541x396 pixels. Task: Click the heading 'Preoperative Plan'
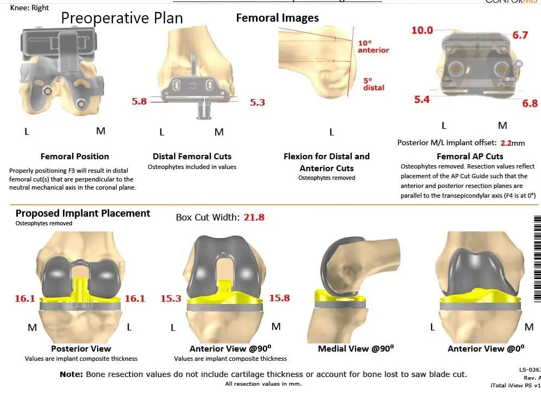point(121,18)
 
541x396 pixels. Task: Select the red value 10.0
point(422,30)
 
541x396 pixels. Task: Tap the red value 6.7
point(520,35)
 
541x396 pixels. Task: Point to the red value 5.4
point(422,100)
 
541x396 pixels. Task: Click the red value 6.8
point(530,103)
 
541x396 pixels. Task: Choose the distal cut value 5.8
point(139,101)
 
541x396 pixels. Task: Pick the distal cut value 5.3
point(257,102)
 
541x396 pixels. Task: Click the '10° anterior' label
point(373,46)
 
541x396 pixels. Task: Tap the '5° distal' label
point(373,83)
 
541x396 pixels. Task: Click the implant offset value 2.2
point(506,143)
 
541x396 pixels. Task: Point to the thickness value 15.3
point(171,298)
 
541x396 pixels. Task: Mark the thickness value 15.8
point(279,298)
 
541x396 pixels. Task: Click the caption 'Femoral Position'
point(75,157)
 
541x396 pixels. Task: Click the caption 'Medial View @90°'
point(353,349)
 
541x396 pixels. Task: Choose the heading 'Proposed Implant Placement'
point(83,213)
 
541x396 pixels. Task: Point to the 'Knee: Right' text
point(29,8)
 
